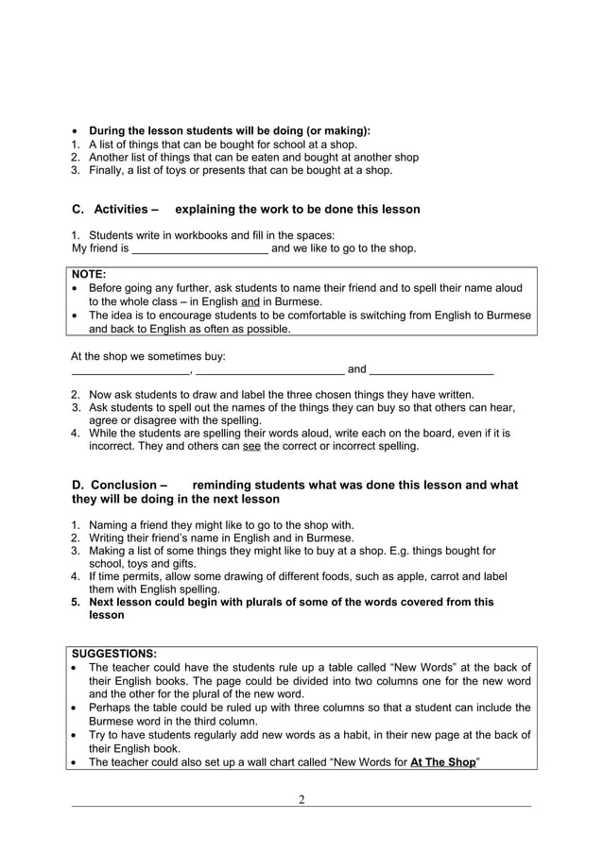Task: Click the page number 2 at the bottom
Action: (301, 800)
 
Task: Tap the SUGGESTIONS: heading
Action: (114, 653)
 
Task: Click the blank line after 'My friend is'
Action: (199, 249)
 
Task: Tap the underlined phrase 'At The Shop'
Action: (442, 762)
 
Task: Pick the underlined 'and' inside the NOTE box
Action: (251, 301)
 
